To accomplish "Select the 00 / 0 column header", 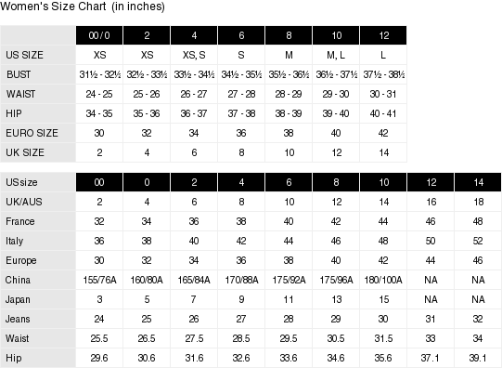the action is tap(99, 34).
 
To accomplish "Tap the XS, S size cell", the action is tap(194, 55).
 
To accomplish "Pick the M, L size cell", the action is tap(335, 55).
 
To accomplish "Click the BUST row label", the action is tap(19, 74).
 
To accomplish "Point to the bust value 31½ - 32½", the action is tap(99, 74).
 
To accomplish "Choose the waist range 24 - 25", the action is tap(99, 94).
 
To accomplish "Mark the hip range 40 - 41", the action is tap(382, 113).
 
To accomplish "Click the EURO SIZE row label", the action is tap(31, 133).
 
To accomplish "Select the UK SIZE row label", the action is tap(26, 152).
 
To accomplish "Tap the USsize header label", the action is tap(22, 181).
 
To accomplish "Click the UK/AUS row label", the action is tap(21, 201).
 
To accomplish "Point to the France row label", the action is tap(19, 221).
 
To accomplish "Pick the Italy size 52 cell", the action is tap(478, 241).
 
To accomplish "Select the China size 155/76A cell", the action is tap(99, 280).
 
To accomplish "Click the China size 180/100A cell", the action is tap(383, 280).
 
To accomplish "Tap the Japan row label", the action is tap(19, 299).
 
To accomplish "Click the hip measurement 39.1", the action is tap(478, 358).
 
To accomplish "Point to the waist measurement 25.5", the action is tap(99, 338).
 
